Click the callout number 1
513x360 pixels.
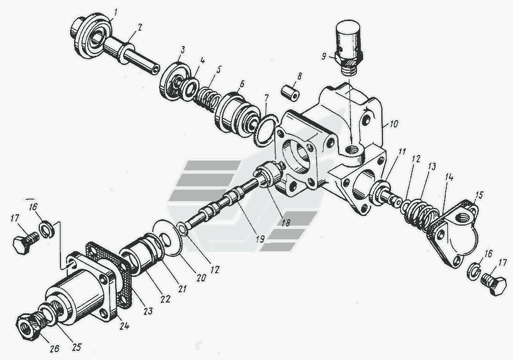point(116,13)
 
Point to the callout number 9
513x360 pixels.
point(324,56)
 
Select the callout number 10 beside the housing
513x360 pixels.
point(393,124)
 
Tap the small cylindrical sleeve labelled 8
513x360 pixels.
point(291,92)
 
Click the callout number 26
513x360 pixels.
point(55,349)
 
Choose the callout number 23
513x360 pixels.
point(148,310)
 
